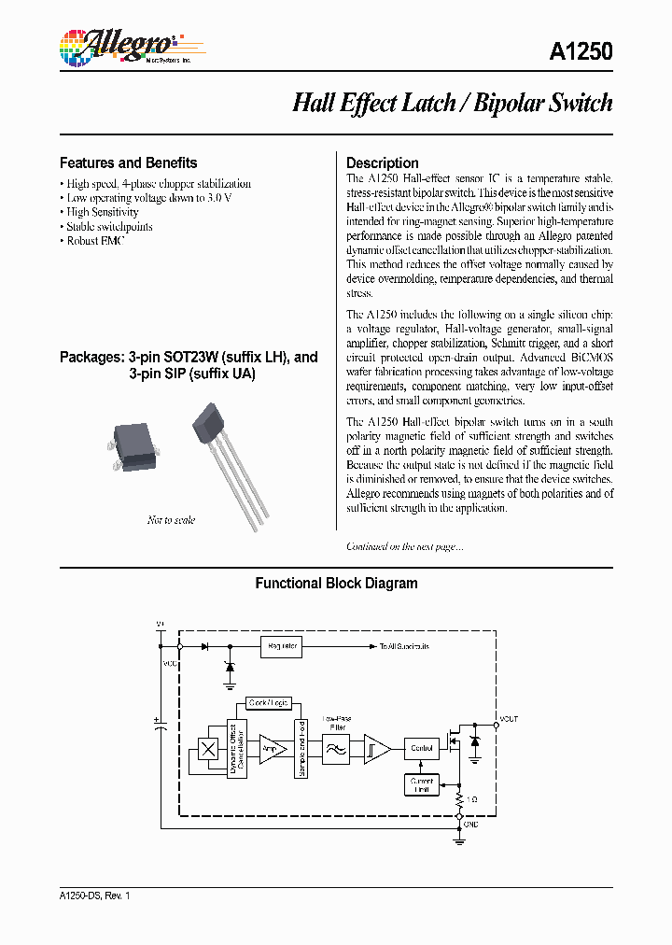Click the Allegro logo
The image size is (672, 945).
tap(117, 47)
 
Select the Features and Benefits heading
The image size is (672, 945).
tap(128, 162)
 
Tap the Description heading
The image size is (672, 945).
tap(383, 162)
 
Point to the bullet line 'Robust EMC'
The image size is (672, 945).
tap(94, 240)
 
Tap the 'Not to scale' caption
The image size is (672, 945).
tap(171, 520)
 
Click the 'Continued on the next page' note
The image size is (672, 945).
tap(404, 546)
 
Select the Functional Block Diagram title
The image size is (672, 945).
tap(336, 584)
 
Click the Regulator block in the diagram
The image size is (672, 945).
tap(282, 646)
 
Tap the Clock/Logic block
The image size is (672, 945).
tap(269, 702)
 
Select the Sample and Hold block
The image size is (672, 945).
tap(301, 749)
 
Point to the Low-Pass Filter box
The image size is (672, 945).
tap(336, 748)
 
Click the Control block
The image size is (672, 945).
tap(421, 748)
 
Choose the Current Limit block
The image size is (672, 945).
tap(421, 784)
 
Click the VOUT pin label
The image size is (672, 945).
tap(508, 719)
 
